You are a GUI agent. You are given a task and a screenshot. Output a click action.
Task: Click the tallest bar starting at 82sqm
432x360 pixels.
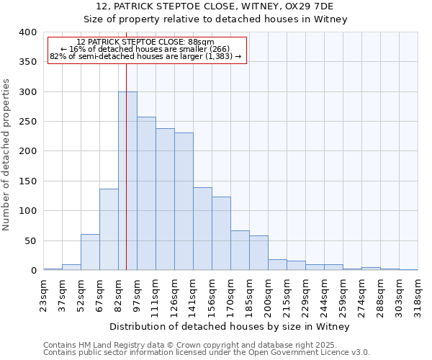tap(127, 181)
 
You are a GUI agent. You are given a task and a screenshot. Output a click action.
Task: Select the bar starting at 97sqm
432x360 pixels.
tap(146, 193)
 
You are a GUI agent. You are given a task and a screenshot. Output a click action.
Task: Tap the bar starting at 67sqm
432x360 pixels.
tap(109, 229)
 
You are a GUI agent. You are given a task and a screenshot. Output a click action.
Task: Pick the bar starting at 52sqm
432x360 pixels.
tap(90, 252)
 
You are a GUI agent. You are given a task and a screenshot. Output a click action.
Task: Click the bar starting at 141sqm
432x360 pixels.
tap(202, 228)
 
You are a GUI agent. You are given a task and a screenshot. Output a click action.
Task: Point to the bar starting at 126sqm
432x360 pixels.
tap(184, 201)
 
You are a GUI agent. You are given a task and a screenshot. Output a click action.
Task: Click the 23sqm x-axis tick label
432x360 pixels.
tap(43, 293)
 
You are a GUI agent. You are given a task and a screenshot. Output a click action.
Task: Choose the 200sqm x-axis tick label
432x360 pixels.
tap(268, 293)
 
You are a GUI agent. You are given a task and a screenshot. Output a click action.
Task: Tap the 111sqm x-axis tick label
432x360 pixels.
tap(156, 293)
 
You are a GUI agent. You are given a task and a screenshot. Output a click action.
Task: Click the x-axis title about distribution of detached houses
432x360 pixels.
tap(230, 326)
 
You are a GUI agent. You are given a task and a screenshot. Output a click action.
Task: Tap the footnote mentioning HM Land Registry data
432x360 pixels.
tap(206, 345)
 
